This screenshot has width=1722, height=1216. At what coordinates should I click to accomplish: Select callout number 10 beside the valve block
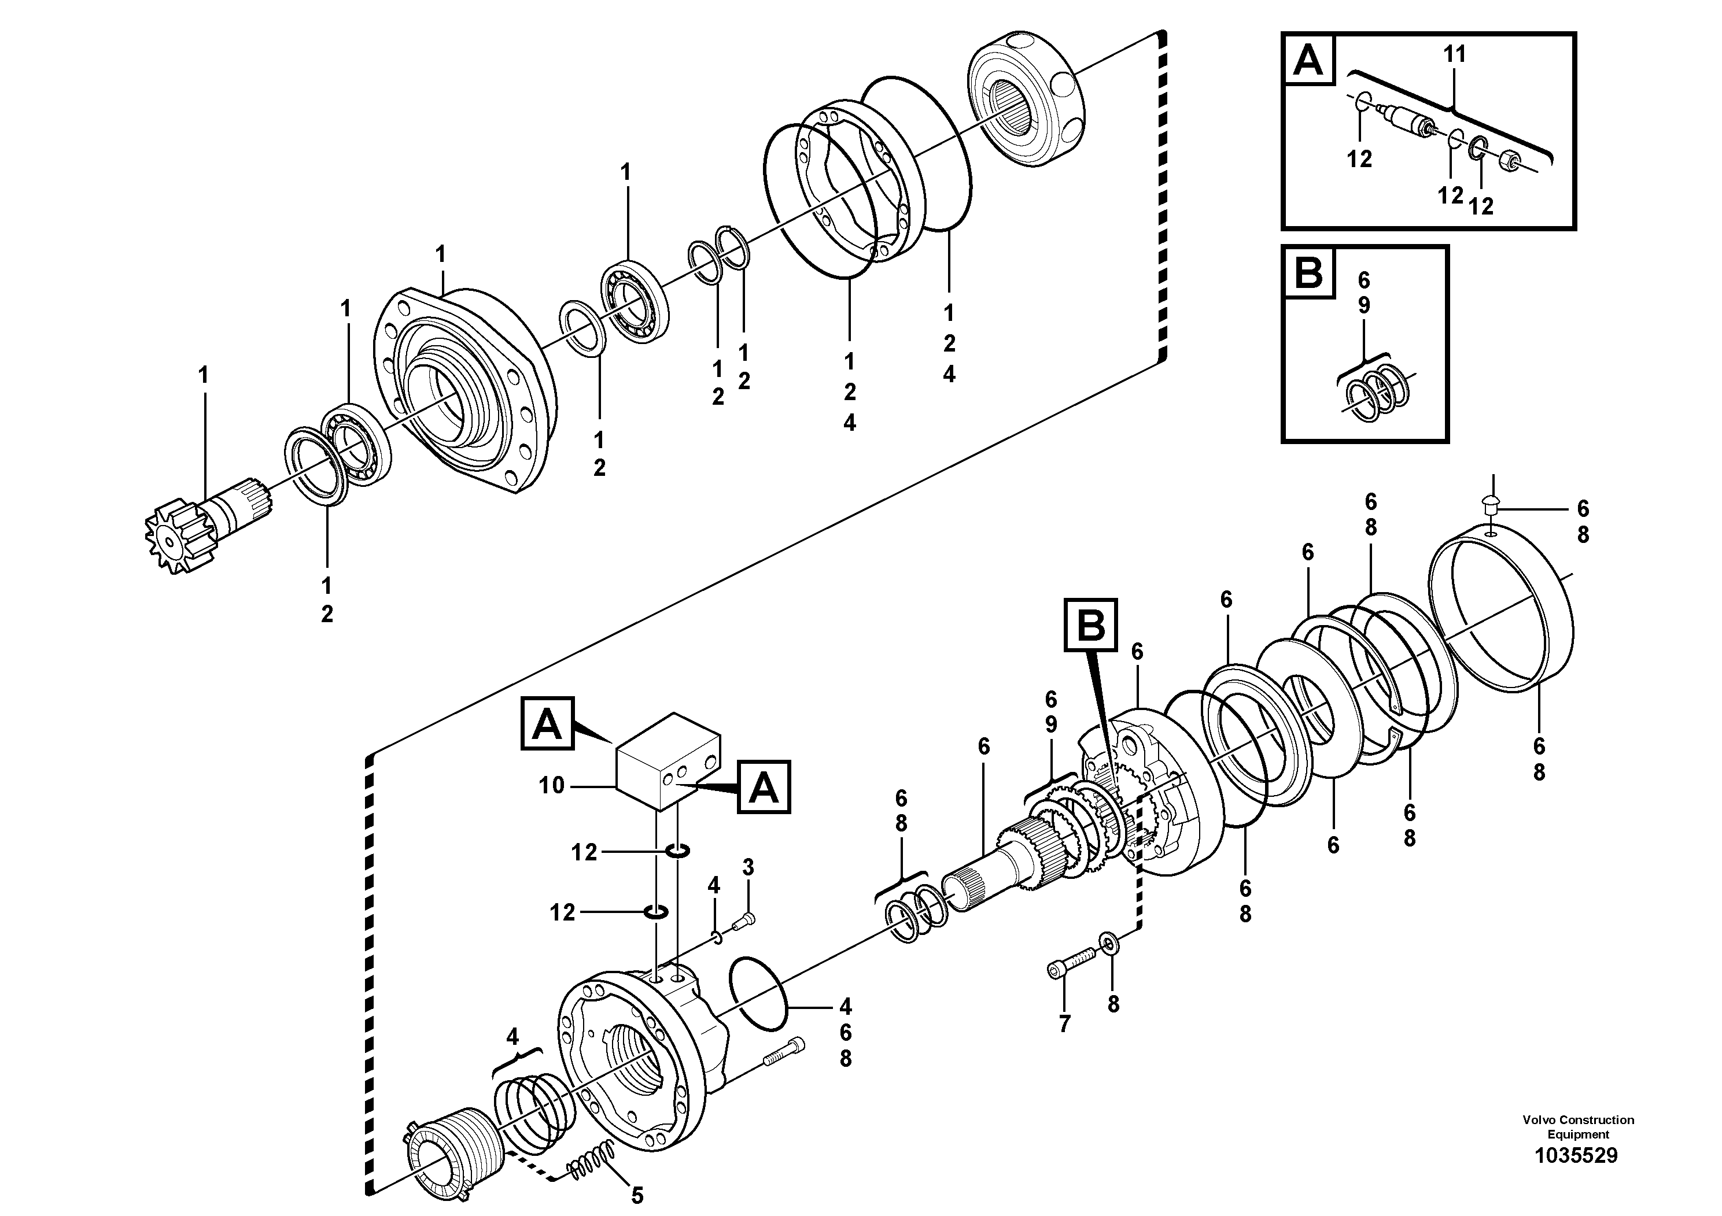[551, 786]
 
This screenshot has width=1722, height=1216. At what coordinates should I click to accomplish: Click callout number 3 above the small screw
[748, 867]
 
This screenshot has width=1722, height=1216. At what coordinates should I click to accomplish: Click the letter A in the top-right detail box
[1309, 61]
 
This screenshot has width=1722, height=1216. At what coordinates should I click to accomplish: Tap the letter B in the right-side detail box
[1309, 273]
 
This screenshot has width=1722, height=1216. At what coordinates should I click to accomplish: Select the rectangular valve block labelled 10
[667, 760]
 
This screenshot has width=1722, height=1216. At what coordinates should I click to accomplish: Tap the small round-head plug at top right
[1491, 504]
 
